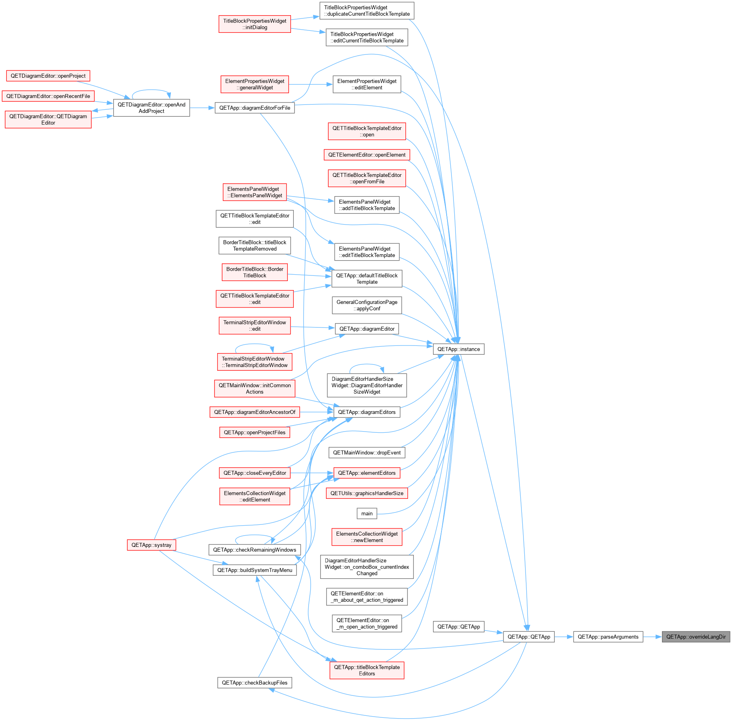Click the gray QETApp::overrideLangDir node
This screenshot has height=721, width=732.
point(696,637)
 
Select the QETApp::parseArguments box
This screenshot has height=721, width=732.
point(608,637)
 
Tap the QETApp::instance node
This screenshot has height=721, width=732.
point(458,349)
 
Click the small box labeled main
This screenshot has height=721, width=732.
point(367,513)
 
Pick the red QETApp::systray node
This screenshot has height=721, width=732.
point(151,545)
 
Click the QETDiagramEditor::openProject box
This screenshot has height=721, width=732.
point(48,76)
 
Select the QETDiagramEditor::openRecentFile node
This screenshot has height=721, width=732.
point(48,96)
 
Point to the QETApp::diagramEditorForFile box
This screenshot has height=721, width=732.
point(255,108)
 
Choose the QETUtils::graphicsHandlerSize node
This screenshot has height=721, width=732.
point(367,493)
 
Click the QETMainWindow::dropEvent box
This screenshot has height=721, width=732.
point(367,452)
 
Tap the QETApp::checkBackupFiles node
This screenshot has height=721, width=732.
point(255,683)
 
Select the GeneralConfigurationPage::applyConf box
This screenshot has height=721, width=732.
point(367,305)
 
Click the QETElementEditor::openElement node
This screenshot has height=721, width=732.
point(367,155)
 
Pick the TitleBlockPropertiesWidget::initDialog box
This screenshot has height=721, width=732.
point(255,24)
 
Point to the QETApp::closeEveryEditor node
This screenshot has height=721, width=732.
point(255,473)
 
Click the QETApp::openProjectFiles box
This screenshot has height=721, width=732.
point(255,432)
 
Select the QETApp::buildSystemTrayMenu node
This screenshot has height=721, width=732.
point(255,570)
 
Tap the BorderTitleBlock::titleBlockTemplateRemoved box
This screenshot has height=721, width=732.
point(255,245)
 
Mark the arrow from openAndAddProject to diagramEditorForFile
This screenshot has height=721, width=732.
point(202,108)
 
